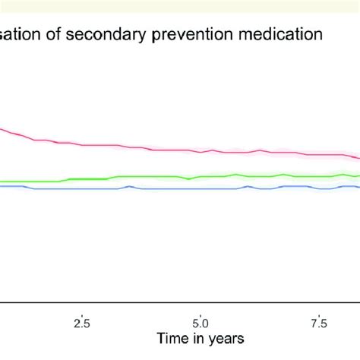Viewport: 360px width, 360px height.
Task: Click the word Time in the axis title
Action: pyautogui.click(x=169, y=336)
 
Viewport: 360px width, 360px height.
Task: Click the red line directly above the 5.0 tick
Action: pyautogui.click(x=201, y=150)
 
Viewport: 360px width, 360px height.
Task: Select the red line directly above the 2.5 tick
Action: pyautogui.click(x=81, y=144)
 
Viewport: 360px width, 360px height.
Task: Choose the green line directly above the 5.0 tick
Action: pyautogui.click(x=201, y=177)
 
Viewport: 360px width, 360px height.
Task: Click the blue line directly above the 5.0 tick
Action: pyautogui.click(x=201, y=188)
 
